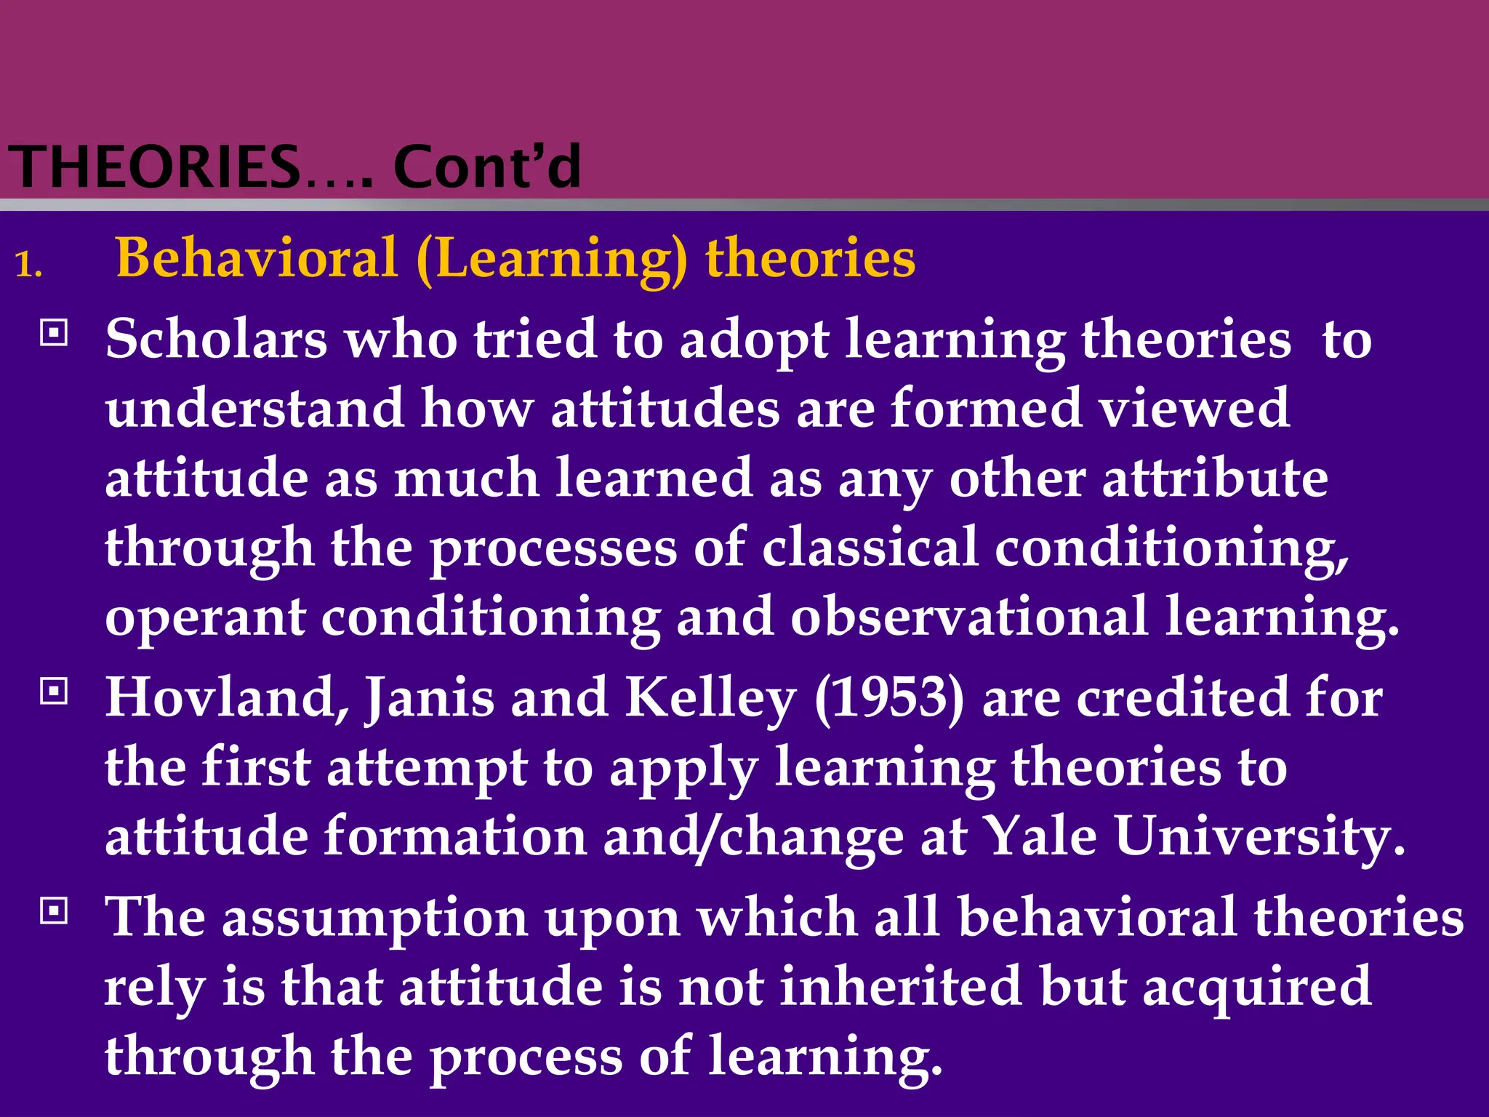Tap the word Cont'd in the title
click(x=486, y=167)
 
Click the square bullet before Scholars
click(x=54, y=333)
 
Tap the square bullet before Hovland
click(x=54, y=691)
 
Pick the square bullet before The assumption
click(x=54, y=910)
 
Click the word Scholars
click(x=216, y=339)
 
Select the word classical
click(x=870, y=547)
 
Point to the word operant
click(x=205, y=618)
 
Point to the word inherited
click(x=901, y=987)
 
